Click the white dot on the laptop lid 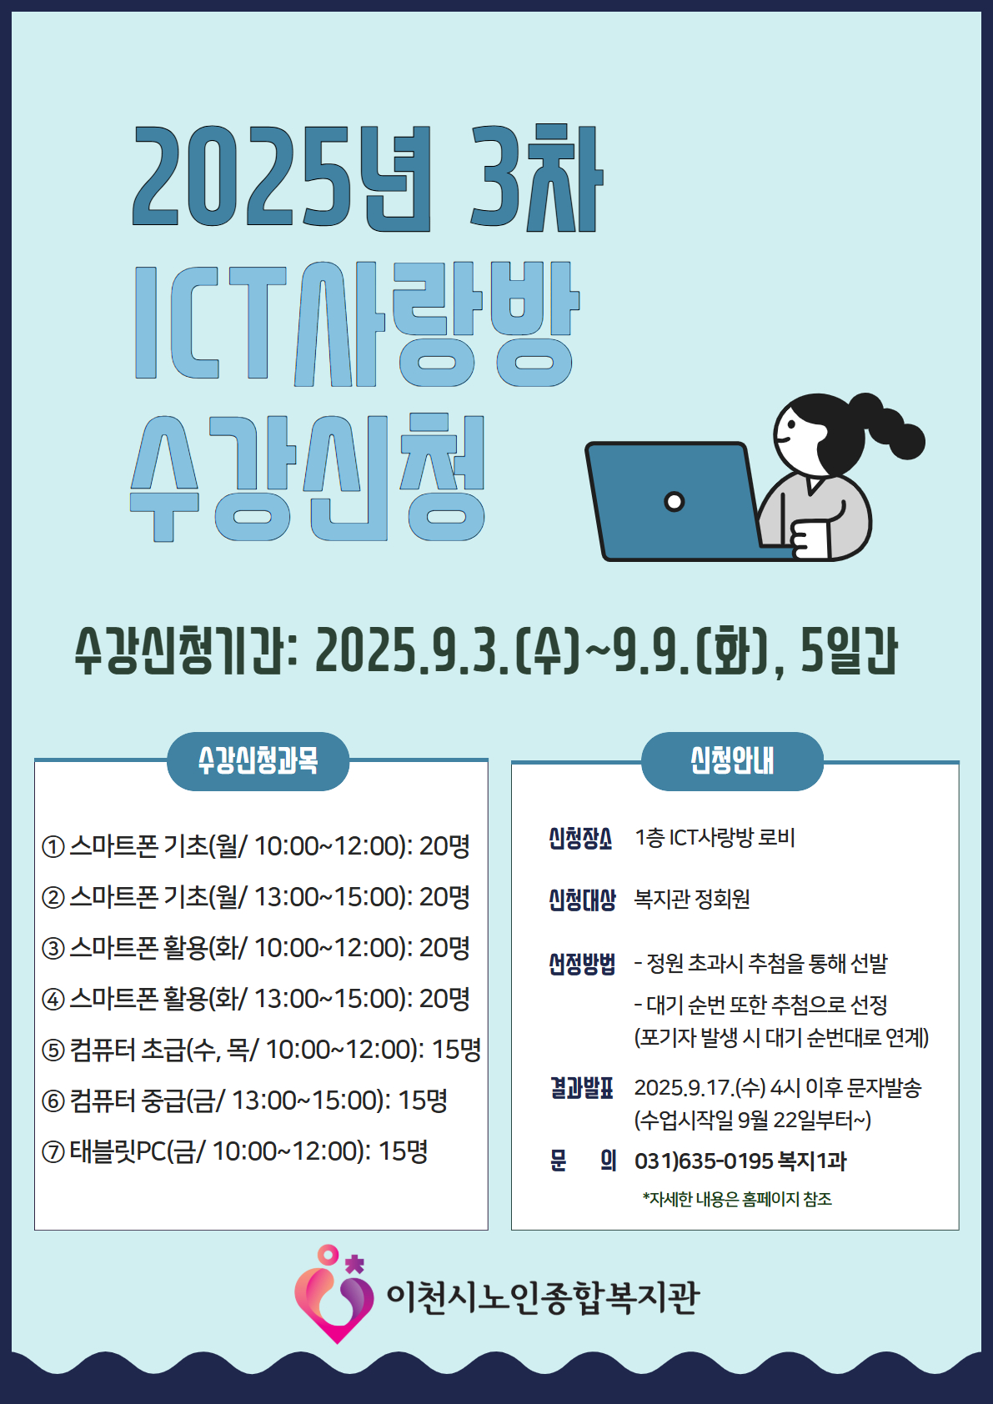674,501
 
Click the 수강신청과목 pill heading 258,761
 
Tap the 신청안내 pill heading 731,761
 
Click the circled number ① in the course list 53,847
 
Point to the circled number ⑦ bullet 53,1152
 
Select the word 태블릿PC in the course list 118,1151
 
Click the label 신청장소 580,838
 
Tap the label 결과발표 582,1089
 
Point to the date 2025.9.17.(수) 700,1088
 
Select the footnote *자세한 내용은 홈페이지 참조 737,1199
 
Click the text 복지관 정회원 692,899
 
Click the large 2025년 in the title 282,178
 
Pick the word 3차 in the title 537,178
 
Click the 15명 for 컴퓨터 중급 423,1101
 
